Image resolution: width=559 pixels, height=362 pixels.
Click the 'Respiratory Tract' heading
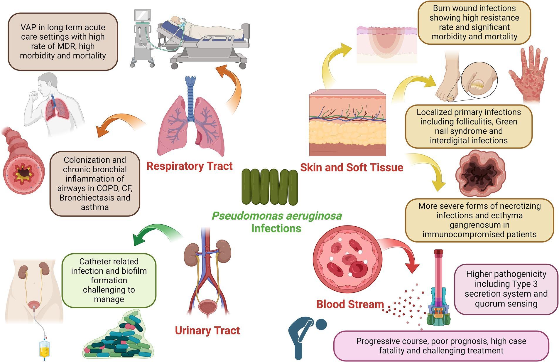(189, 166)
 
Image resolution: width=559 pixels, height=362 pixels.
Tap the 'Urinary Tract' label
(207, 330)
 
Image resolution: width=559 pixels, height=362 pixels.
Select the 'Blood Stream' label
(350, 304)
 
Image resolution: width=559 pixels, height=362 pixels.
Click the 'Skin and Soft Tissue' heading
(351, 167)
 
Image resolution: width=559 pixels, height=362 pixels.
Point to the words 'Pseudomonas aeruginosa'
(276, 216)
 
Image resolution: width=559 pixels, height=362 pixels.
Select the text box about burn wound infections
(474, 23)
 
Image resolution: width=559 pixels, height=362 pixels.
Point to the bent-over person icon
(305, 338)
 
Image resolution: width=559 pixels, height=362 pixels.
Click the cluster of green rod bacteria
(269, 187)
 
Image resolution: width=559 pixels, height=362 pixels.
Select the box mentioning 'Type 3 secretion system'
(506, 289)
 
